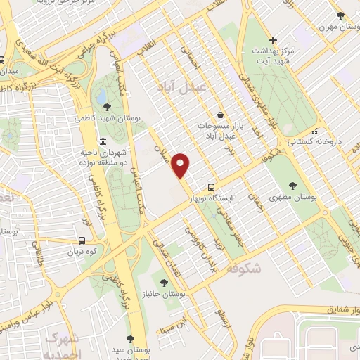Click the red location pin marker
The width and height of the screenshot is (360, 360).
tap(182, 165)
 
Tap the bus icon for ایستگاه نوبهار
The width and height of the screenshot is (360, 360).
tap(211, 188)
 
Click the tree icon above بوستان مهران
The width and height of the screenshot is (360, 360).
tap(340, 15)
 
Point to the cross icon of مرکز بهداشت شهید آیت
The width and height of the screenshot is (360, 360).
tap(274, 40)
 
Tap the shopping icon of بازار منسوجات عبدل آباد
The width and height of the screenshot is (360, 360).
tap(221, 115)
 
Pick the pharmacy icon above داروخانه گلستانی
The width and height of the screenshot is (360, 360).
tap(315, 131)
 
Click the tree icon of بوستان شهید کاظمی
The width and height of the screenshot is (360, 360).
tap(106, 107)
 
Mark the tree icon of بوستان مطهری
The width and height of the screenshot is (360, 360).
tap(292, 186)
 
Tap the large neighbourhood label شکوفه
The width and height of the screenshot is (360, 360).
tap(245, 267)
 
